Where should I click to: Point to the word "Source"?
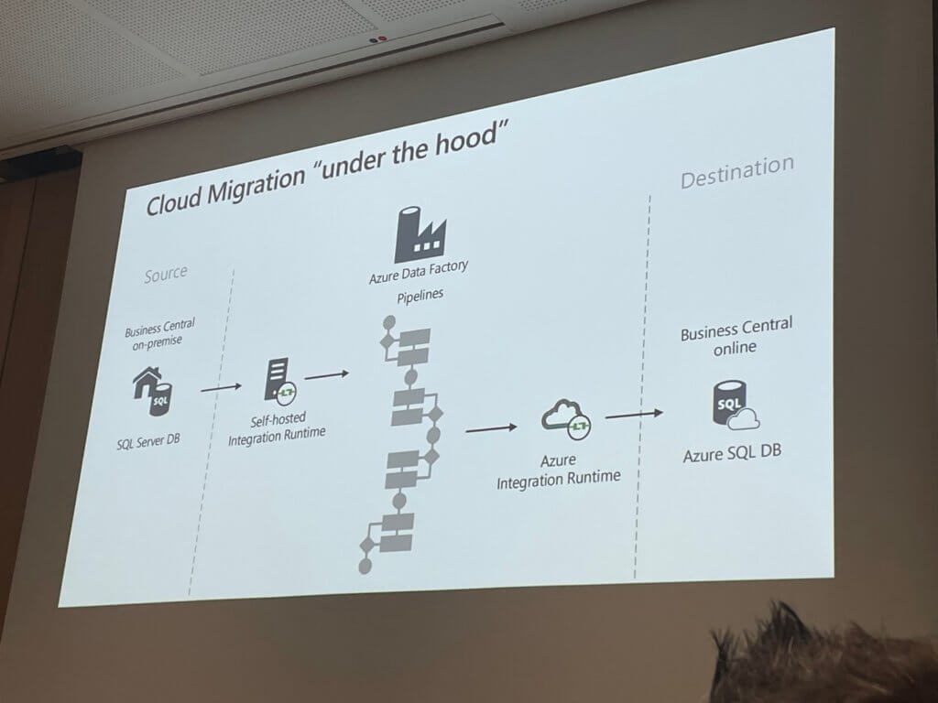pos(165,273)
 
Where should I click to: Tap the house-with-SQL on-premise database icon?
pos(153,393)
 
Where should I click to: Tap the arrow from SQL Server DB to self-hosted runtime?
pos(221,388)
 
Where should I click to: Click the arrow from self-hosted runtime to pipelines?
pos(327,374)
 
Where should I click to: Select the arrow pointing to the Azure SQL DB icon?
pos(634,415)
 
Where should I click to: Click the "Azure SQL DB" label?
pos(732,454)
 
